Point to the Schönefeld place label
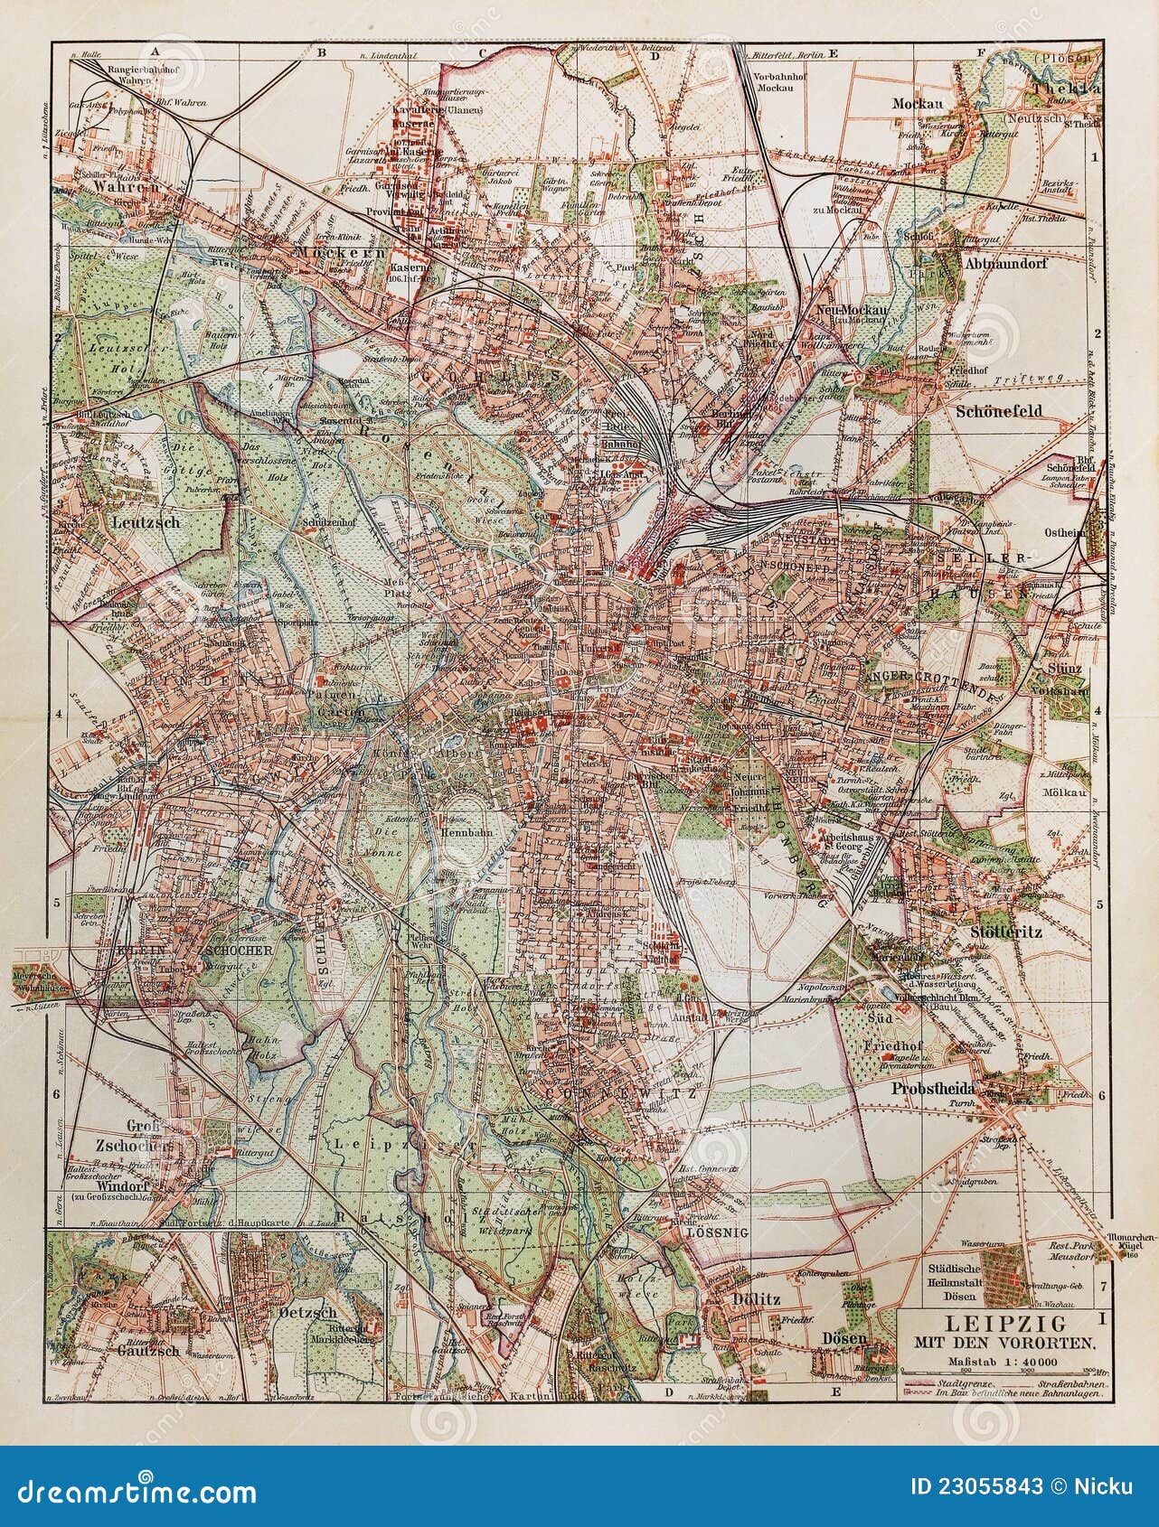(x=998, y=410)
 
